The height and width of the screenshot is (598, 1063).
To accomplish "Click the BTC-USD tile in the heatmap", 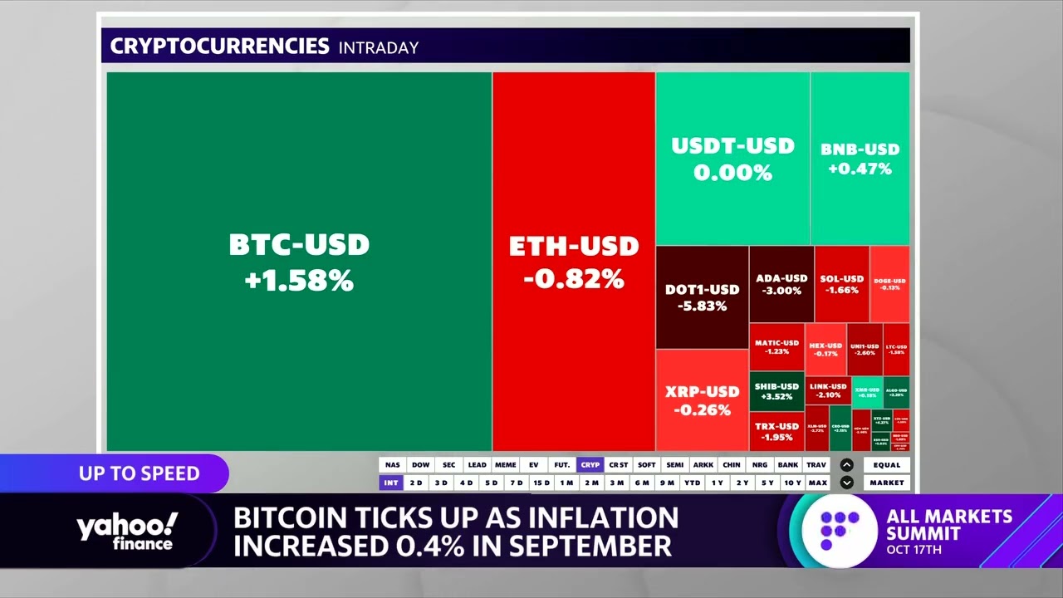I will click(299, 262).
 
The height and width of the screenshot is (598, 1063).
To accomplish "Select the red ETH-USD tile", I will click(574, 262).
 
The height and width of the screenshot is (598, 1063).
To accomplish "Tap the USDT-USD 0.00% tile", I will click(732, 159).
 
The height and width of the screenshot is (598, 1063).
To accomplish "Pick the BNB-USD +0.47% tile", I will click(860, 159).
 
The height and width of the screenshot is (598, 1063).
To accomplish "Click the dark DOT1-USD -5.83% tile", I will click(702, 297).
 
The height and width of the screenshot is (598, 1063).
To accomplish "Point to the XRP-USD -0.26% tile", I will click(702, 399).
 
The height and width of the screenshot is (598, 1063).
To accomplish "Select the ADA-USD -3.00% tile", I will click(781, 284).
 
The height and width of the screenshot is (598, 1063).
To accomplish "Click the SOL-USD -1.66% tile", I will click(841, 284).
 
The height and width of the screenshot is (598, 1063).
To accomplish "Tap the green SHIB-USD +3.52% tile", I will click(776, 391).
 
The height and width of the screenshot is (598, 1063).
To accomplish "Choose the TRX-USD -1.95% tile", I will click(776, 431).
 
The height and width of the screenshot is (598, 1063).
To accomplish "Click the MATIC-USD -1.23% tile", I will click(776, 347).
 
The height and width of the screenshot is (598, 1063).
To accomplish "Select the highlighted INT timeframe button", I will click(391, 483).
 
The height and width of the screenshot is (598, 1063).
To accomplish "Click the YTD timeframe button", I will click(692, 483).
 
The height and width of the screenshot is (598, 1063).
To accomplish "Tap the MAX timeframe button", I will click(817, 483).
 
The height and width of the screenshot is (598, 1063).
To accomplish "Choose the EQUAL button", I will click(886, 465).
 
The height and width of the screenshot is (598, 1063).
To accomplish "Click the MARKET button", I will click(886, 483).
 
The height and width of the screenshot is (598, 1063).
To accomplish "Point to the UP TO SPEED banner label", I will click(139, 473).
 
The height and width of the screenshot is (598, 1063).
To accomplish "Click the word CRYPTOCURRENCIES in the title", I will click(219, 47).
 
